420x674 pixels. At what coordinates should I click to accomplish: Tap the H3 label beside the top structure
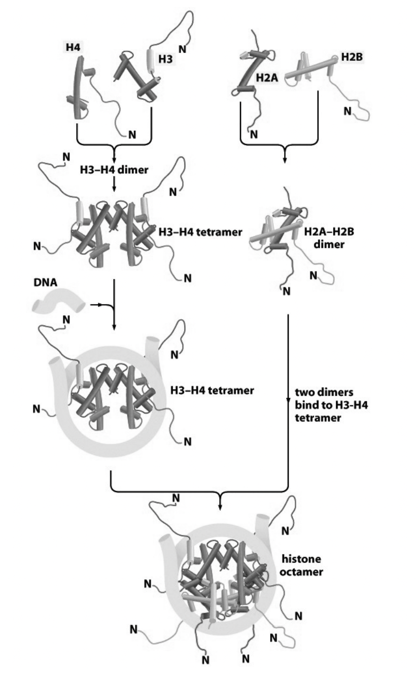(165, 59)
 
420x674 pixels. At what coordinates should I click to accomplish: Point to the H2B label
(349, 57)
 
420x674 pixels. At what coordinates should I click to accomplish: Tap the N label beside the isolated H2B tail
(347, 110)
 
